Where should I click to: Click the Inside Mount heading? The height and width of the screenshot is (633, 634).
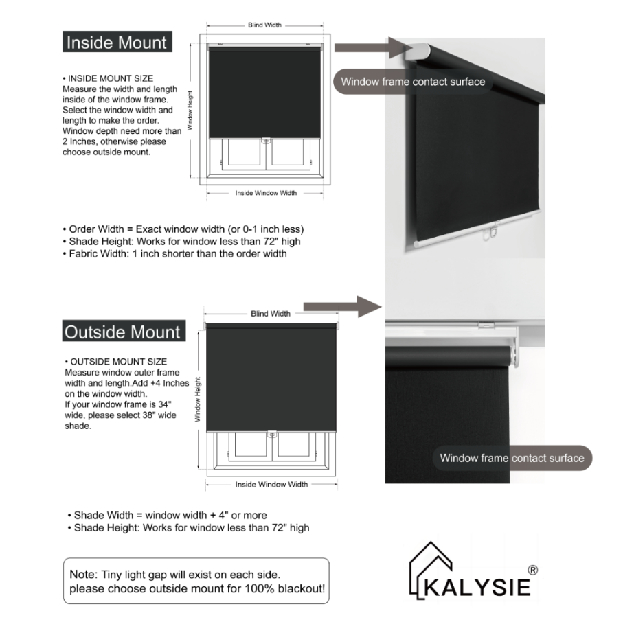click(116, 43)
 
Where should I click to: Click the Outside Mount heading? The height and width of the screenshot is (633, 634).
click(122, 332)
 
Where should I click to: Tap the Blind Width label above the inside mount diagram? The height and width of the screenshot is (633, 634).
click(264, 25)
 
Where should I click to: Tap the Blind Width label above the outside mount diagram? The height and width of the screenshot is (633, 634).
click(271, 314)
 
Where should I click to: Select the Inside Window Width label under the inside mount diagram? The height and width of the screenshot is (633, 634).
click(266, 193)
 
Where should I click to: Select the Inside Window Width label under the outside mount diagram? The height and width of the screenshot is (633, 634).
click(271, 484)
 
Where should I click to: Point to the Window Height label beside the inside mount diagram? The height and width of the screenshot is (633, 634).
click(191, 111)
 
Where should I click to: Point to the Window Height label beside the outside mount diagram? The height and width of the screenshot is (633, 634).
click(197, 399)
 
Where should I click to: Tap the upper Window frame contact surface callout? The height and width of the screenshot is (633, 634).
click(413, 82)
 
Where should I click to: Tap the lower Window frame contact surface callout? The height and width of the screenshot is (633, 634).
click(512, 458)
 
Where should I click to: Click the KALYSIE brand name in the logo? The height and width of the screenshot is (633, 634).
click(477, 588)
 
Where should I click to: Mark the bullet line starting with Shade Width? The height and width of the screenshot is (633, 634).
click(167, 515)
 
